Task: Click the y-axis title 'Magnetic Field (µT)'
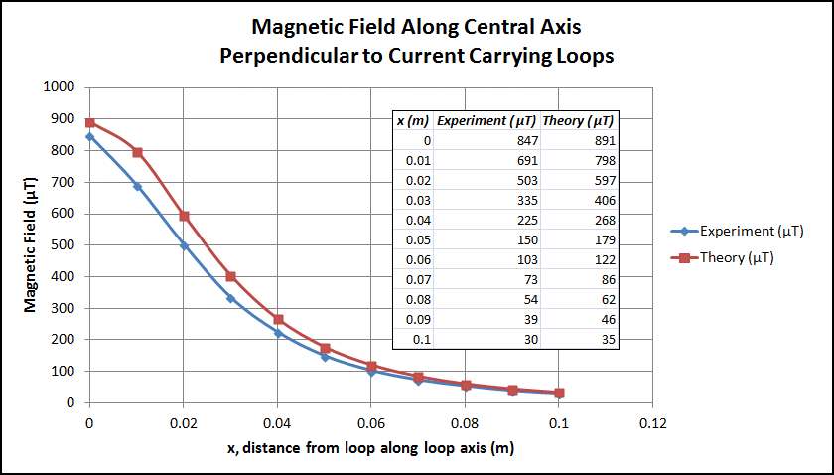click(31, 243)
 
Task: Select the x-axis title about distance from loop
click(370, 448)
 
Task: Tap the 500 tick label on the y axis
click(66, 244)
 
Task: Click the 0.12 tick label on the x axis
click(651, 422)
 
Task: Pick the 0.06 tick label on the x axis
click(370, 422)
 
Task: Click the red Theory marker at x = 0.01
click(137, 153)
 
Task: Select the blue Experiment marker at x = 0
click(90, 137)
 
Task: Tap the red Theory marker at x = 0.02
click(184, 216)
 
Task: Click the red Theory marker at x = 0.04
click(278, 320)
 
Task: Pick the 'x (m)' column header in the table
click(413, 121)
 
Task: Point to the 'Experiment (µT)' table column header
click(486, 121)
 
